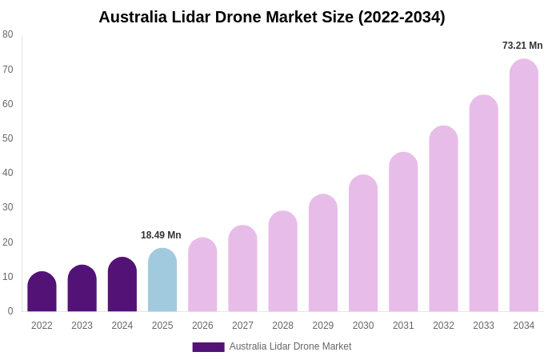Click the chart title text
(x=272, y=17)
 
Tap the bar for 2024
(x=122, y=285)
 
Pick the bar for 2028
(x=282, y=262)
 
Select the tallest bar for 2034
(x=524, y=186)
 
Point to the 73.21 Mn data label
(x=522, y=46)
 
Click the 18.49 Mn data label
(x=161, y=235)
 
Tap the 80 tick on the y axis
(x=8, y=34)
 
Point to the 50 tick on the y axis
(x=8, y=138)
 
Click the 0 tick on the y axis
(x=10, y=311)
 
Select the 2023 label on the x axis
(x=82, y=326)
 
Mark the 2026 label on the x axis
(x=202, y=326)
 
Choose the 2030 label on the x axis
(x=363, y=326)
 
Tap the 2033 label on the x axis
(x=483, y=326)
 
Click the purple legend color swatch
(x=208, y=347)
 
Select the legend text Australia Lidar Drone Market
(x=290, y=346)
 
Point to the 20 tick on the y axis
(x=8, y=242)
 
